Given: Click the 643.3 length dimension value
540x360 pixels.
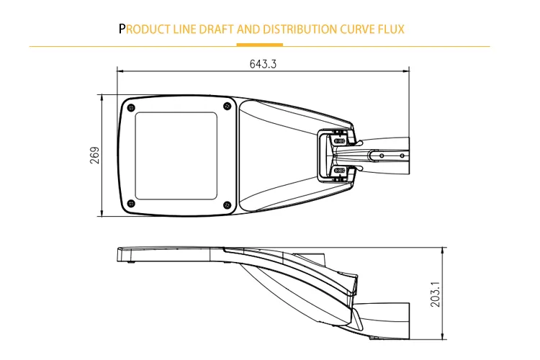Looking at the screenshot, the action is coord(263,64).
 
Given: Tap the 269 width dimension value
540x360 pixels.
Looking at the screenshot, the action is coord(95,156).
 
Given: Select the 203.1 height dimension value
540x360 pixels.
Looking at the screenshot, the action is coord(436,294).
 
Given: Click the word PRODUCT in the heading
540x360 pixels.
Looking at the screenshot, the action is coord(144,29).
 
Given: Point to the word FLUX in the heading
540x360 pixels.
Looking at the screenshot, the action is coord(391,29).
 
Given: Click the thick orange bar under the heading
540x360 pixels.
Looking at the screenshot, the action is coord(260,45).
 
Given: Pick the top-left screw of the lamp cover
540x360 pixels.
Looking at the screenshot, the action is coord(131,108).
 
